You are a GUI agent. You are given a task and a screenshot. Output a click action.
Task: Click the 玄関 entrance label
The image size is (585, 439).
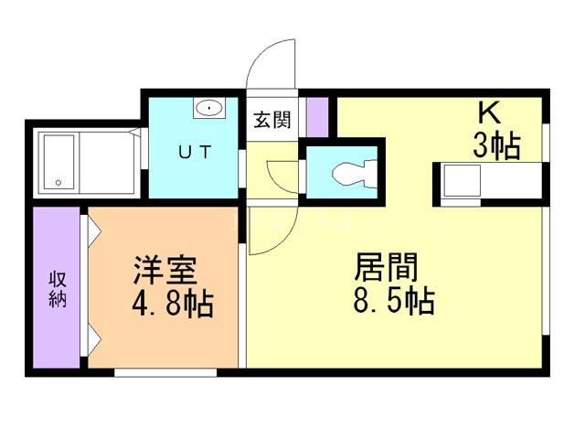click(x=271, y=120)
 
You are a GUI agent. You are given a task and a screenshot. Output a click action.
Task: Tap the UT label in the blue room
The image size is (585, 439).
click(x=195, y=152)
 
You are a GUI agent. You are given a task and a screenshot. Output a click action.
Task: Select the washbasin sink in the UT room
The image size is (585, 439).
click(x=209, y=108)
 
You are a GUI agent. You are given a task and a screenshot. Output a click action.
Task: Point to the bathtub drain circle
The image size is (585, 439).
click(x=58, y=183)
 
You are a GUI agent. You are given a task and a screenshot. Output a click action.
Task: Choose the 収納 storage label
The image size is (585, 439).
click(x=58, y=289)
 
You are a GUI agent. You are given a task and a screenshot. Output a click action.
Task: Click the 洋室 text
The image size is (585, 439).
click(x=165, y=270)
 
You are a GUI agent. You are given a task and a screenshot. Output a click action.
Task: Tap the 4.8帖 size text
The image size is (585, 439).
click(x=173, y=304)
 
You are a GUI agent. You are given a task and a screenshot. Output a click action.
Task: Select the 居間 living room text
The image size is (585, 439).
click(x=386, y=267)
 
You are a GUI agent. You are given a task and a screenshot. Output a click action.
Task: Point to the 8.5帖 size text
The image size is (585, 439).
click(x=394, y=300)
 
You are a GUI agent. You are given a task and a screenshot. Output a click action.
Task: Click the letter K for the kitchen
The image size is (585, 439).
click(x=489, y=113)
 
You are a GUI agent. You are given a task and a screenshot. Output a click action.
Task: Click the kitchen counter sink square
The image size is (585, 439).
click(x=462, y=181)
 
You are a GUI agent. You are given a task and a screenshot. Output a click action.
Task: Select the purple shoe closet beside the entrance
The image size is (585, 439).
click(x=317, y=117)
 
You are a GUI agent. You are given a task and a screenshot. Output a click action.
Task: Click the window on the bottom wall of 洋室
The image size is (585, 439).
click(x=165, y=372)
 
